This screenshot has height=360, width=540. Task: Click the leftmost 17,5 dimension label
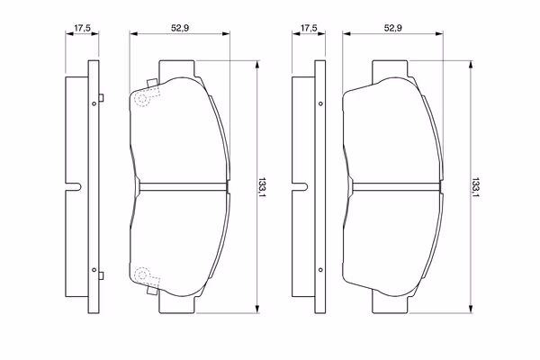pyautogui.click(x=82, y=28)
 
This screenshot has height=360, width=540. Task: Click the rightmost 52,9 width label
pyautogui.click(x=393, y=28)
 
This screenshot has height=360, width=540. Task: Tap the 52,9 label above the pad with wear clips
pyautogui.click(x=180, y=28)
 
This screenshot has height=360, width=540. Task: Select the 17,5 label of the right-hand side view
pyautogui.click(x=309, y=28)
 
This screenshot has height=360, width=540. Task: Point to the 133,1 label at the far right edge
pyautogui.click(x=475, y=187)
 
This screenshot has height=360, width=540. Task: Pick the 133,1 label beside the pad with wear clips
pyautogui.click(x=263, y=187)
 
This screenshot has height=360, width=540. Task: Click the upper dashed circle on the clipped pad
pyautogui.click(x=142, y=98)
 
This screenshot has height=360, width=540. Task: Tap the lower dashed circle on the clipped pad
pyautogui.click(x=142, y=274)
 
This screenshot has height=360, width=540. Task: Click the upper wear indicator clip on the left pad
pyautogui.click(x=152, y=83)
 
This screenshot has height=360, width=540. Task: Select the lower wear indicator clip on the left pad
pyautogui.click(x=152, y=291)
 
